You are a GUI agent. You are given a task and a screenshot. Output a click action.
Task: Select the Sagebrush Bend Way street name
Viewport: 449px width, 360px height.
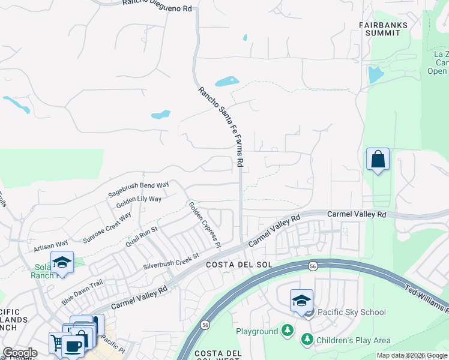[138, 189]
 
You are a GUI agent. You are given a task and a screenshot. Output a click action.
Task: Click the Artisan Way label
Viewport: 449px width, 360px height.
[51, 245]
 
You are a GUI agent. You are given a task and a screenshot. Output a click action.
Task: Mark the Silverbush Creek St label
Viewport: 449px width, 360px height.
[170, 262]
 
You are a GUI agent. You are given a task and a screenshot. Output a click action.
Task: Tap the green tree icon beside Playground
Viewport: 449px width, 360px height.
[288, 331]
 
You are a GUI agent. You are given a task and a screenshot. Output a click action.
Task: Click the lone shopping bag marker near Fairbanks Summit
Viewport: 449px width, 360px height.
[378, 160]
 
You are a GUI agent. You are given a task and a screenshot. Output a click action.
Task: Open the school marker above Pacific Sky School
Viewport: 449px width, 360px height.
[301, 301]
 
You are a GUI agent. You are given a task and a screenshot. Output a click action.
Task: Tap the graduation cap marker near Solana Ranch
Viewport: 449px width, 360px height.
[62, 262]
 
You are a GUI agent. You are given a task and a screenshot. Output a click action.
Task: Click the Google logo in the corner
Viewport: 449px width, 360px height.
[19, 353]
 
